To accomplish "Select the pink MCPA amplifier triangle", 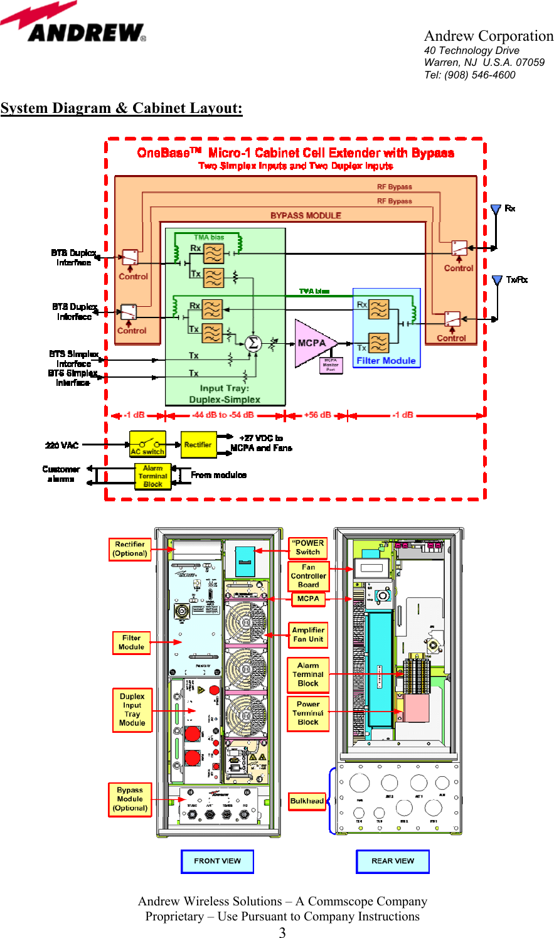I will [314, 343].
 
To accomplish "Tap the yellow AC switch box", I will [147, 444].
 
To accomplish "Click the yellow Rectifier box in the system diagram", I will [198, 445].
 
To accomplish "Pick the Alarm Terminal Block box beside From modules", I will [153, 476].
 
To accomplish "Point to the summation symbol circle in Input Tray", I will [253, 343].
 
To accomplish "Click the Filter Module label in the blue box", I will [386, 361].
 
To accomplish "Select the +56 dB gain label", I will [317, 415].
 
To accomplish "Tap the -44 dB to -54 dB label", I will [223, 415].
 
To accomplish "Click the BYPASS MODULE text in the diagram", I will [306, 215].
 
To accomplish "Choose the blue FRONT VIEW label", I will [217, 861].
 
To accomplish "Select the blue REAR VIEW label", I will [393, 861].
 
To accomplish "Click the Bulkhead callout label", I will [307, 801].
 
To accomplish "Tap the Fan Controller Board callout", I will [308, 576].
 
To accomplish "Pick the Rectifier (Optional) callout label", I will [130, 549].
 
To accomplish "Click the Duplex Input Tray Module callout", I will [132, 710].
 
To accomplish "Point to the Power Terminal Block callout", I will [307, 713].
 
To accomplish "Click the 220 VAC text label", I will [61, 445].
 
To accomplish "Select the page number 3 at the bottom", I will [282, 932].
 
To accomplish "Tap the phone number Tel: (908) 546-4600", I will [469, 75].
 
